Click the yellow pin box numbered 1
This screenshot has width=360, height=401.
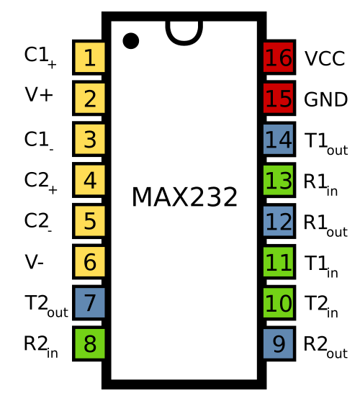(x=89, y=58)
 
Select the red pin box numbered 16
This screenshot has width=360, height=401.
(x=279, y=58)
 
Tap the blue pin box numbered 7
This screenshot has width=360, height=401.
(x=89, y=302)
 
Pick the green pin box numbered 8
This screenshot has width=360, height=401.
(x=89, y=343)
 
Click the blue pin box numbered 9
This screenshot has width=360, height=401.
(x=279, y=343)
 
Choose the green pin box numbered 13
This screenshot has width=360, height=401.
(x=279, y=180)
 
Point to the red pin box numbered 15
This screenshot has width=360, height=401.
(x=279, y=98)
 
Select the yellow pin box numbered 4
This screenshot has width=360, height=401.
(x=89, y=180)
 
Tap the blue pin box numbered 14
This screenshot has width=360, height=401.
(x=279, y=139)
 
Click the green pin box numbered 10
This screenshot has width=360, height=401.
(x=279, y=302)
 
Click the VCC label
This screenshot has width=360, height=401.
(x=325, y=58)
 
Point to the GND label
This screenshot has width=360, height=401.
(x=325, y=99)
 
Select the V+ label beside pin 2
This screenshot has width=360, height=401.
(x=39, y=94)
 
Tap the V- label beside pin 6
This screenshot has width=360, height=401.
(x=35, y=262)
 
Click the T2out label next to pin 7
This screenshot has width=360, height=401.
(x=46, y=306)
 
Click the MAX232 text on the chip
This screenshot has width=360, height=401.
(x=184, y=197)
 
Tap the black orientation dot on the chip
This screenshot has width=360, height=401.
(x=131, y=40)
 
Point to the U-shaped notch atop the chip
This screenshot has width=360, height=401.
(x=184, y=43)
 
